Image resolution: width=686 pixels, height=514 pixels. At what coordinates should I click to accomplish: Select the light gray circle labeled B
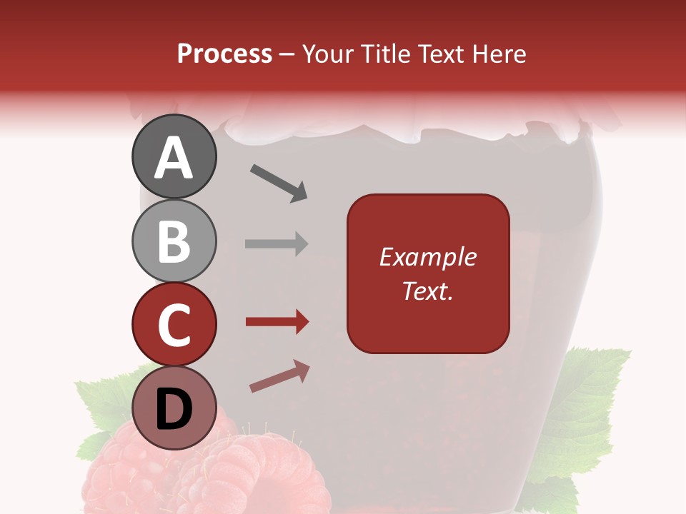174,241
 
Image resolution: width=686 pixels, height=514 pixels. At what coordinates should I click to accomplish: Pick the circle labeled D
174,408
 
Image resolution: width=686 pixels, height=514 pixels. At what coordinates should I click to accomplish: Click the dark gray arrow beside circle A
279,182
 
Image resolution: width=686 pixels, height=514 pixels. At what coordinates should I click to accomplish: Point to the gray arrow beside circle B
277,243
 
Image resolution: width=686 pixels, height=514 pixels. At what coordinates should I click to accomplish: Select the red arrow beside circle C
277,322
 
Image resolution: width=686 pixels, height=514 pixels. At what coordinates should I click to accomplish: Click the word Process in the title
224,54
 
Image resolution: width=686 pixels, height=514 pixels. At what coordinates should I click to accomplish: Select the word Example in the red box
427,257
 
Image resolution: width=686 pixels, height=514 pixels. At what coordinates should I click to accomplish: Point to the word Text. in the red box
427,291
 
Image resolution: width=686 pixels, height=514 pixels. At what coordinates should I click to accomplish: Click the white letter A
174,158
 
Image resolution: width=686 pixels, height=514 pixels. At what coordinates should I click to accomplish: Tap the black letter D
174,410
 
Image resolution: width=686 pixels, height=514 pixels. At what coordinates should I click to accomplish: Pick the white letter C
174,326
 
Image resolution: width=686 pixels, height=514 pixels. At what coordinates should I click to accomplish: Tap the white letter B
174,241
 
